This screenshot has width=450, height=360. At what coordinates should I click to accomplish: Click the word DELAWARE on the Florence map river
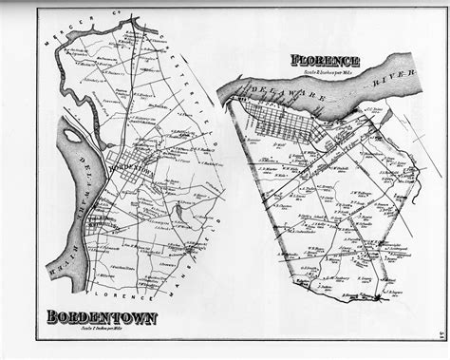275,96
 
